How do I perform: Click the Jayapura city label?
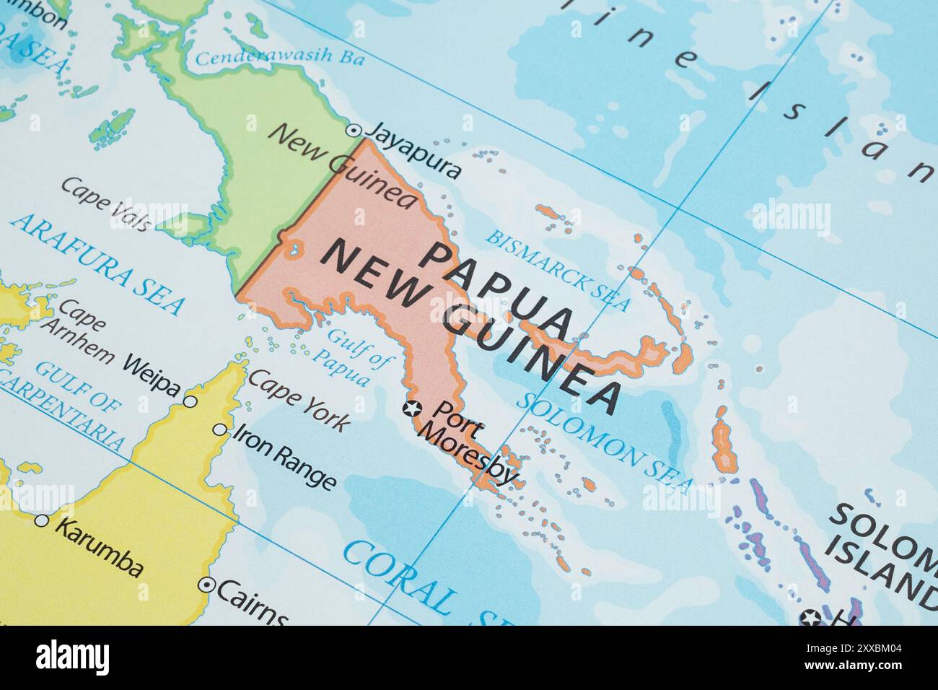click(413, 149)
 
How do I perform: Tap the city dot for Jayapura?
click(354, 131)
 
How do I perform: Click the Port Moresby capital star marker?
click(412, 409)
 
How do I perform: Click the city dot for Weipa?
click(190, 401)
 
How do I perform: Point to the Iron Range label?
click(286, 457)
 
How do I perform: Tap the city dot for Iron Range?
click(219, 429)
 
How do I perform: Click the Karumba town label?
click(99, 546)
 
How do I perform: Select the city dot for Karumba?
click(42, 520)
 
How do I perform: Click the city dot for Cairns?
click(208, 585)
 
